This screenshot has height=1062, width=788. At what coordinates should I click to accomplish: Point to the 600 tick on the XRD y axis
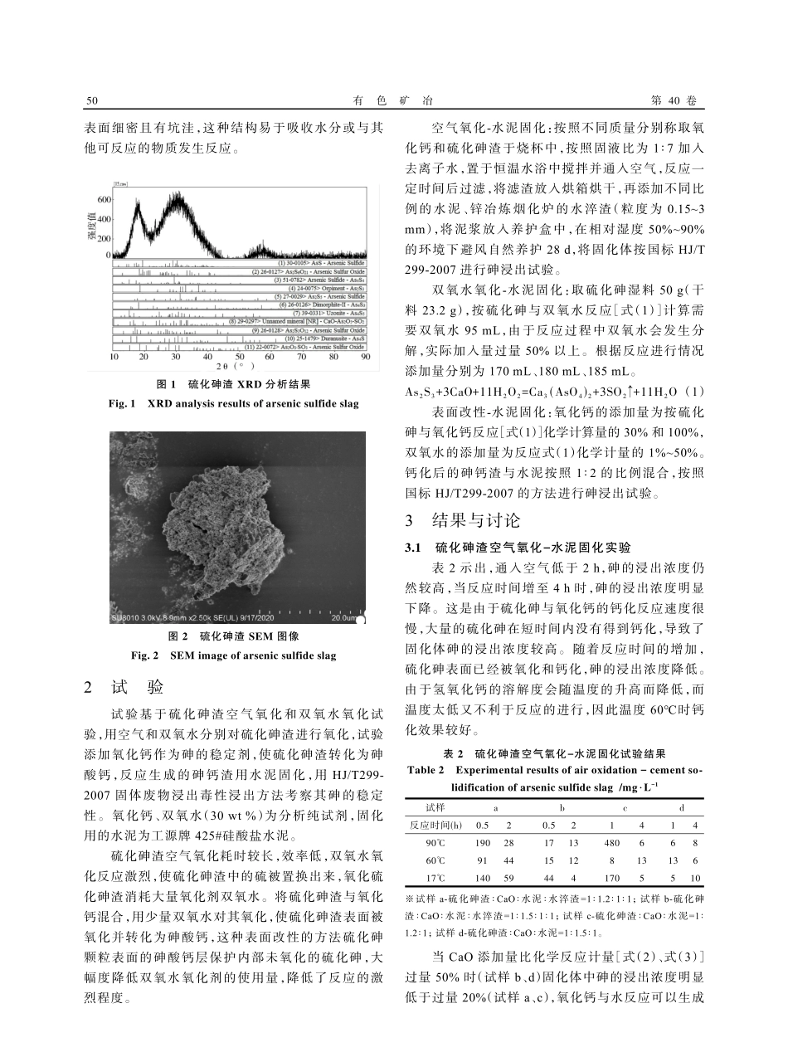[x=104, y=200]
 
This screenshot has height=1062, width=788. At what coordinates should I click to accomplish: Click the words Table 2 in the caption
[x=426, y=770]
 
